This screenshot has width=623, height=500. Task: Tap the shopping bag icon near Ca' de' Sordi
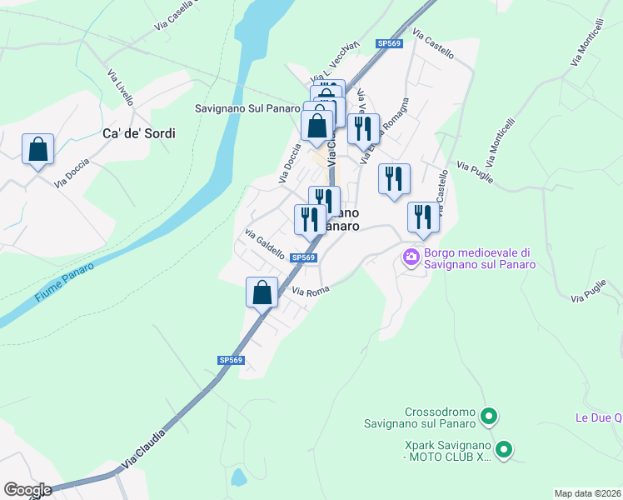click(37, 149)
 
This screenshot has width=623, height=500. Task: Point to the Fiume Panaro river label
click(64, 282)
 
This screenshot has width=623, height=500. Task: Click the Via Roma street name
click(311, 290)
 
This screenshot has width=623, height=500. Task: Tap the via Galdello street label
click(264, 242)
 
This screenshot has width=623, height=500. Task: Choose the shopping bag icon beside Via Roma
click(262, 292)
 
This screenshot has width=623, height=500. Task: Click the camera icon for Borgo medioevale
click(411, 257)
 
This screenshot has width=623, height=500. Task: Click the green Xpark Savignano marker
click(503, 451)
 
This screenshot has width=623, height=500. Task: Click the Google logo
click(27, 489)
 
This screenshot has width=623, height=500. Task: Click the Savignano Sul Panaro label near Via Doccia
click(242, 108)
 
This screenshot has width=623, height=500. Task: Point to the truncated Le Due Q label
click(598, 417)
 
